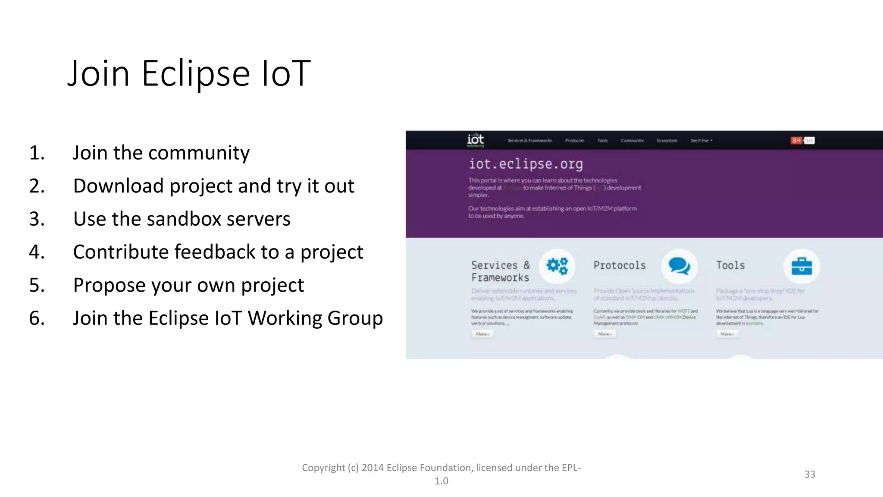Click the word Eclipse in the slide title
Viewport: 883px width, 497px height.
tap(195, 73)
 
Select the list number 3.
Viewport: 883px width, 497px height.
tap(37, 219)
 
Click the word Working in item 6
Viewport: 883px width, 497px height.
tap(285, 318)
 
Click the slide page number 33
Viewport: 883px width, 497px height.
tap(809, 474)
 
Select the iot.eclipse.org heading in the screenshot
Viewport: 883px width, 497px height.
tap(526, 164)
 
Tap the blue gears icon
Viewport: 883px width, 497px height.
tap(557, 266)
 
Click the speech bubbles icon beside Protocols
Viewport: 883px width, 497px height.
tap(679, 266)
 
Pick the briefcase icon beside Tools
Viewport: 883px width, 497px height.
tap(802, 266)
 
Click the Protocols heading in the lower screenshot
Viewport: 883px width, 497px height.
tap(620, 265)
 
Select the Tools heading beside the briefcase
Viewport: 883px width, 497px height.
tap(730, 265)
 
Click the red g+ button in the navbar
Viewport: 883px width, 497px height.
tap(796, 140)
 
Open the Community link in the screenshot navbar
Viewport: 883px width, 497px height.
tap(632, 141)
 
